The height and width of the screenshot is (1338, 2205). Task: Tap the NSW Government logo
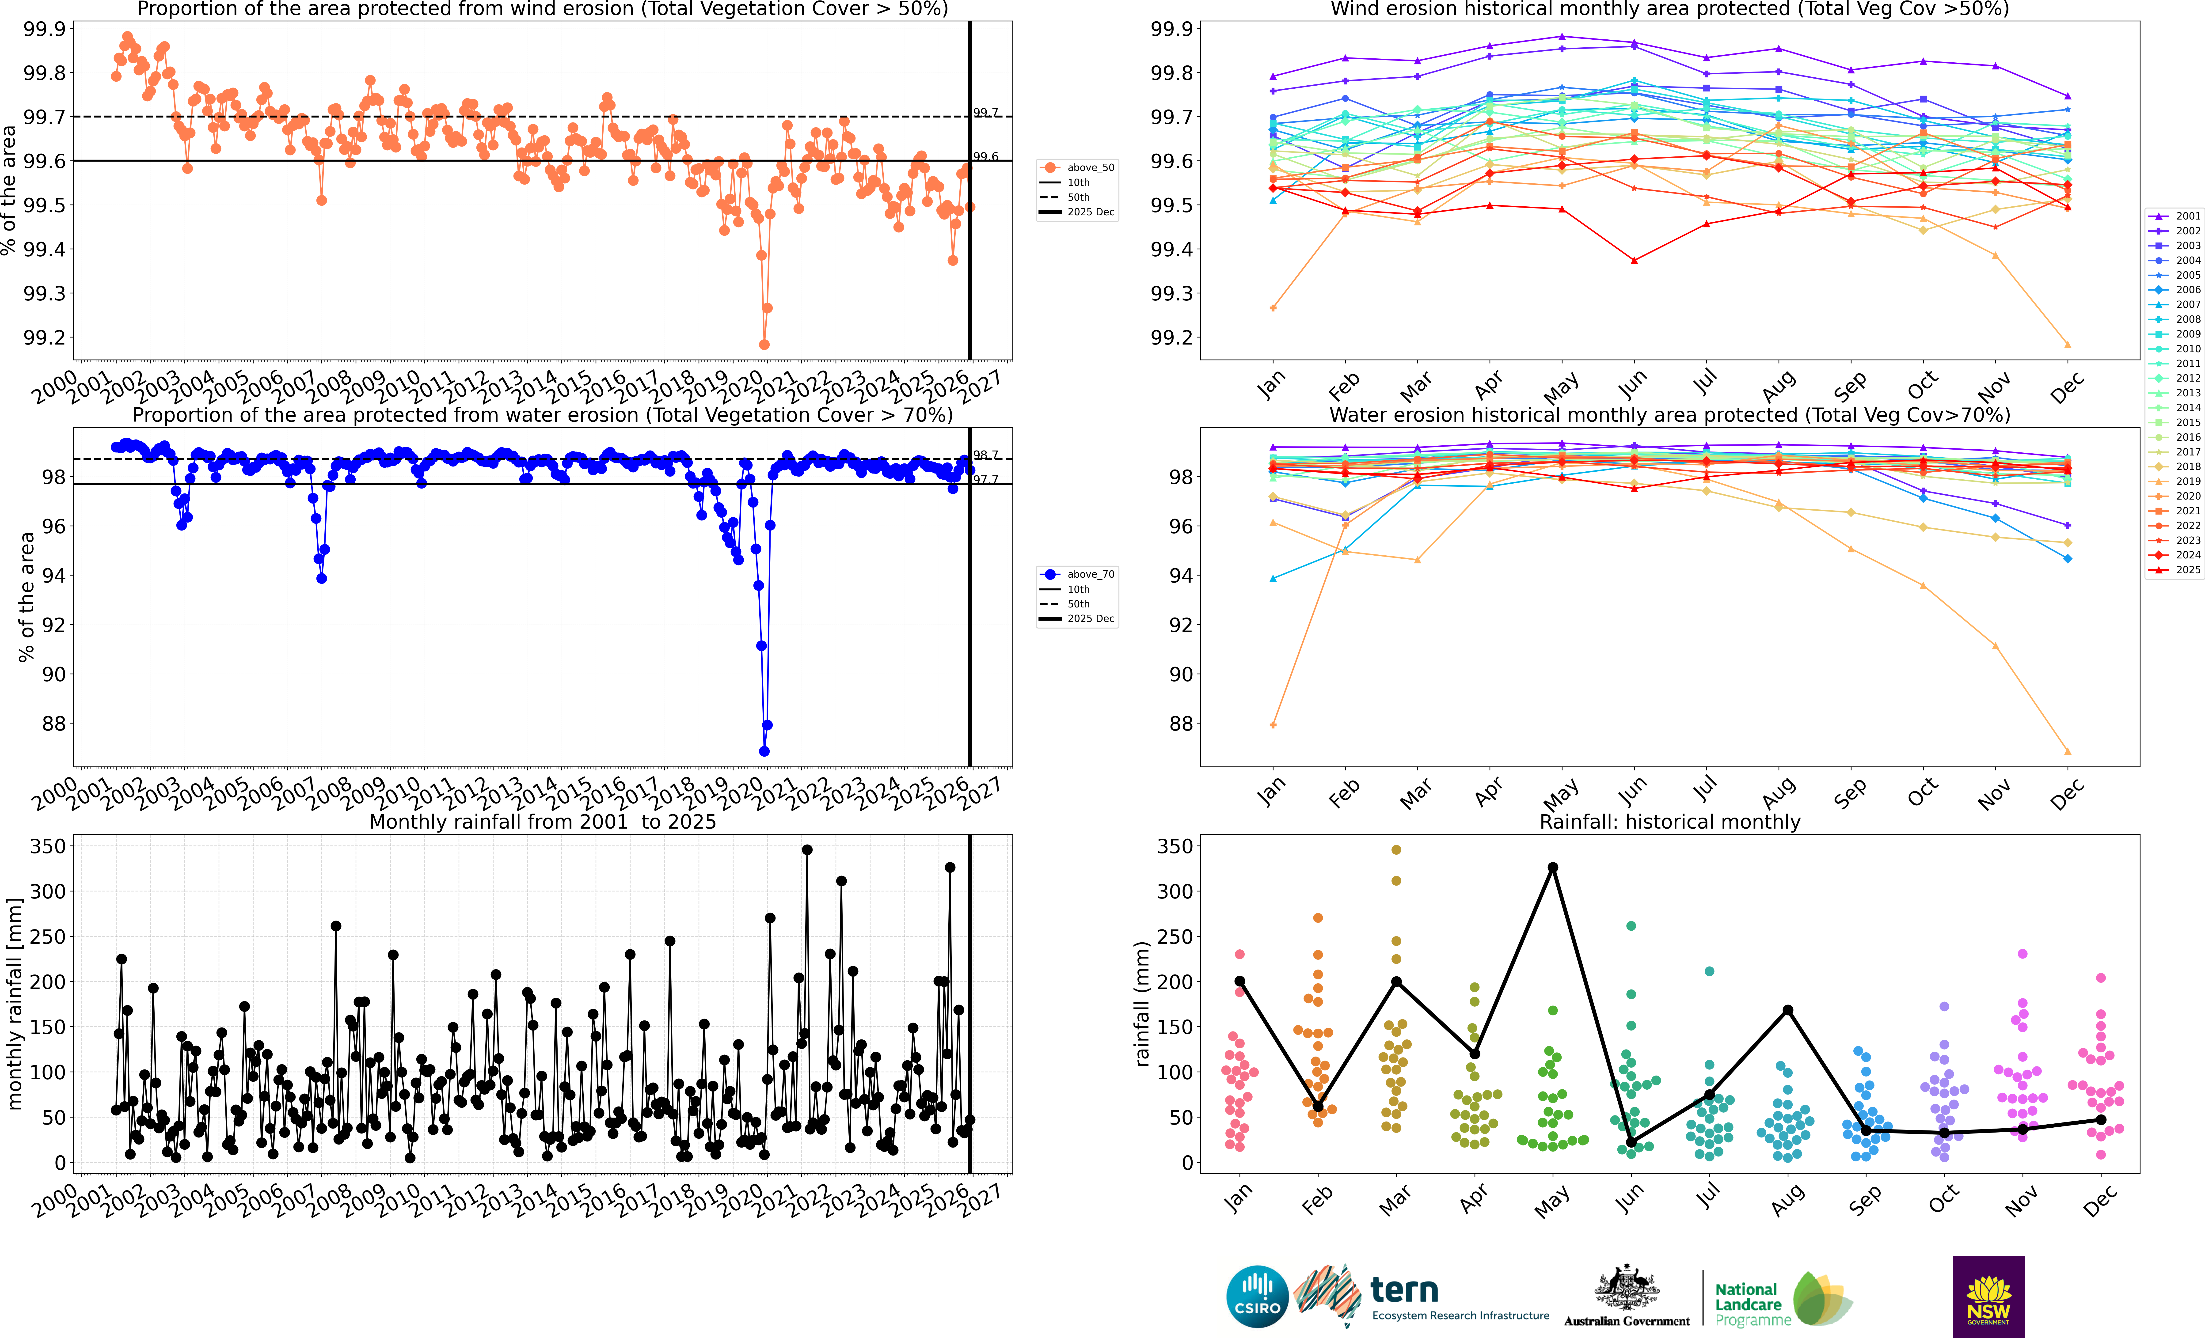(x=1988, y=1296)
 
